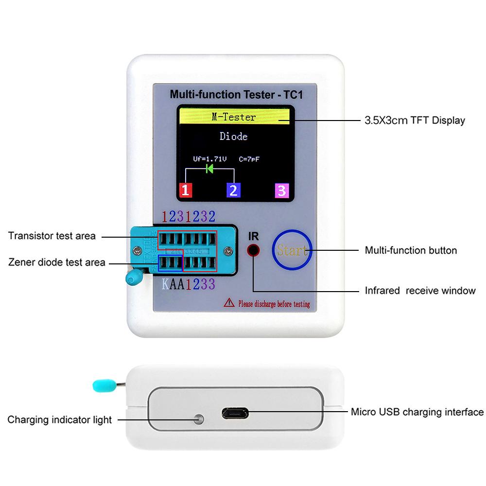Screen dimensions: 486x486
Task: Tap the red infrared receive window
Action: (x=253, y=251)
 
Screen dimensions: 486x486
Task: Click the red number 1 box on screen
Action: (x=186, y=190)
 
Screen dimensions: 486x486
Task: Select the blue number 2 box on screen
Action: (x=234, y=190)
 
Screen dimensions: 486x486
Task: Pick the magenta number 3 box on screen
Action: (x=282, y=190)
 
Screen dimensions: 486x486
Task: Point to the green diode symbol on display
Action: (x=210, y=169)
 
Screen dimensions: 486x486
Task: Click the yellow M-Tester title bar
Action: (x=234, y=117)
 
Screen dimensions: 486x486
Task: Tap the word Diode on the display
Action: (x=234, y=137)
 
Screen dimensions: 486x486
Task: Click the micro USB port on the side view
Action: (x=235, y=414)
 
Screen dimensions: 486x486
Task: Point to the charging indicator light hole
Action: (x=198, y=419)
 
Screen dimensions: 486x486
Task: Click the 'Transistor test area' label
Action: (x=52, y=236)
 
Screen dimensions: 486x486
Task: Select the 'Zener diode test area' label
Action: (x=56, y=262)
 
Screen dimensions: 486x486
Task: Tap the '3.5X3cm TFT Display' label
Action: (x=415, y=121)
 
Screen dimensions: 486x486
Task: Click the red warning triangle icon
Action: (x=229, y=304)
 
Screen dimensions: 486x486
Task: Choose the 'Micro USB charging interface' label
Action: (x=417, y=412)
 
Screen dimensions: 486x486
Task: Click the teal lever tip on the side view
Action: (x=101, y=385)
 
